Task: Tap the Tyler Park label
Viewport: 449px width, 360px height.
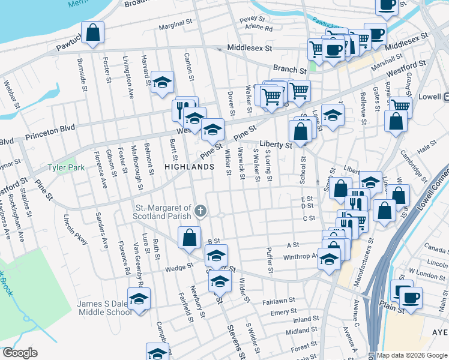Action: (66, 167)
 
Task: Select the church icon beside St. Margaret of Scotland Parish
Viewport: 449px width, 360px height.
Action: (200, 211)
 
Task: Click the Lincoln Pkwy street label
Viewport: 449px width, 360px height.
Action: (79, 229)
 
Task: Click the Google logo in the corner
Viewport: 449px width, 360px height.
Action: (19, 353)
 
